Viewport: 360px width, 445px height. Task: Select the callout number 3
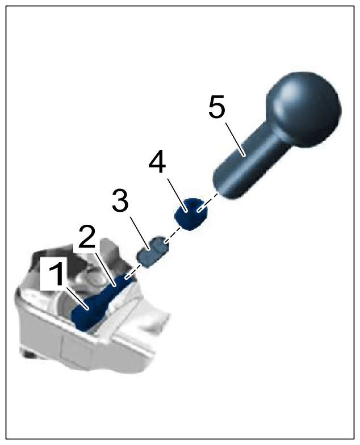coord(120,200)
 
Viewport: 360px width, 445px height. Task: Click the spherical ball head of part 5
coord(303,109)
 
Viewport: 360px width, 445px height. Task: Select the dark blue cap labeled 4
coord(191,214)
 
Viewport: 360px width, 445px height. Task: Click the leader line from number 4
coord(177,195)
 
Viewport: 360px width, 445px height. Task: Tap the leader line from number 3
coord(140,233)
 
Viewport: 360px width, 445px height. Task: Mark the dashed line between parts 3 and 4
coord(173,234)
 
